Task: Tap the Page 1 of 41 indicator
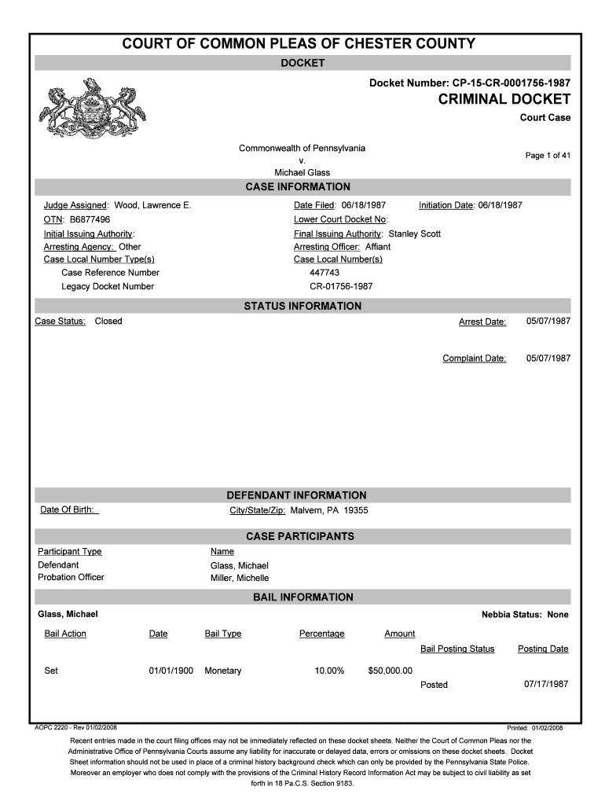548,155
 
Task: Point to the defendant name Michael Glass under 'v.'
302,172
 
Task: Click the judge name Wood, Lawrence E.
152,205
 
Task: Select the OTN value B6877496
87,219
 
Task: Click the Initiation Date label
445,205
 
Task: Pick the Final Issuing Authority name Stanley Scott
415,233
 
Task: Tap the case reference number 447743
324,273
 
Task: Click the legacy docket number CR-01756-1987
341,286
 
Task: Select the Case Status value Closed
108,321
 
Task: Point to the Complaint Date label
474,358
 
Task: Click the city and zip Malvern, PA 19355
329,510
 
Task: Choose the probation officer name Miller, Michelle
240,578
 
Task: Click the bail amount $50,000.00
390,671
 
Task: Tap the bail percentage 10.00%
329,671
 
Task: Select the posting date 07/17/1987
546,684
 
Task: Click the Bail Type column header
223,634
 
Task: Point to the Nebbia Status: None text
525,614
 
